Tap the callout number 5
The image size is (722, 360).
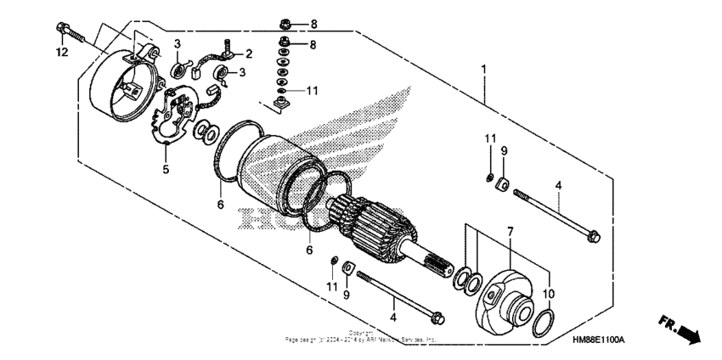166,169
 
